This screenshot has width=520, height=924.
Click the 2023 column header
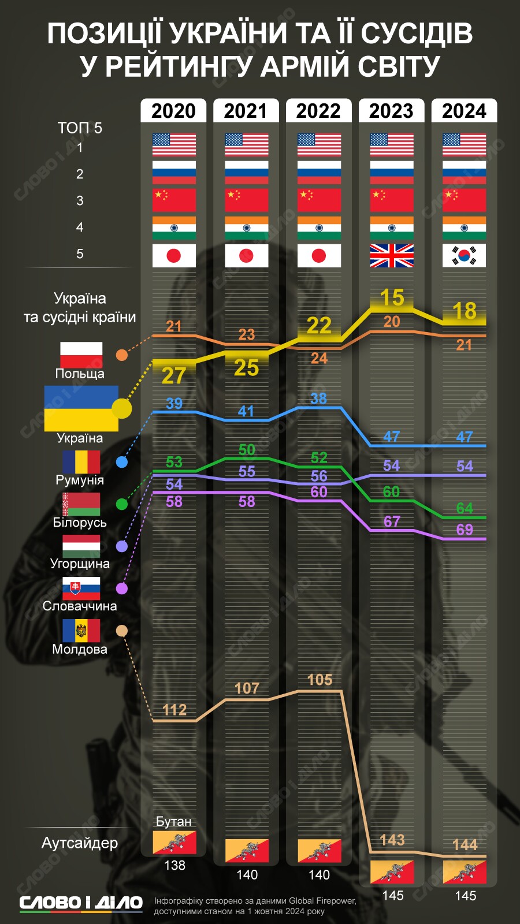[391, 110]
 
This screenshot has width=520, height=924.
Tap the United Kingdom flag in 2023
[392, 255]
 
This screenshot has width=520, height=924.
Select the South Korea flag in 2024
[464, 255]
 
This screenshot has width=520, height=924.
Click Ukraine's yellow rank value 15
[392, 298]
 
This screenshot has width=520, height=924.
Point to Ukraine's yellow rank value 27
[174, 376]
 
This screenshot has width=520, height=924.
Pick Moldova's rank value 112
[174, 710]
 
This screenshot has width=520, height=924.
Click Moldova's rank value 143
[392, 840]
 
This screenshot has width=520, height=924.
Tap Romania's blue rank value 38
[318, 398]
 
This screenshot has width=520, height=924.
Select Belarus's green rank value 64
[465, 508]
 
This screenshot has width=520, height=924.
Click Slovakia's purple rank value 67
[392, 521]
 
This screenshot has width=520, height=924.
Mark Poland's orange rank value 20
[392, 322]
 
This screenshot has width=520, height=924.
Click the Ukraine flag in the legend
[81, 408]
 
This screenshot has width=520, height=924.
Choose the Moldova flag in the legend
[81, 631]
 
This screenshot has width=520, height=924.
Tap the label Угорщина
[80, 564]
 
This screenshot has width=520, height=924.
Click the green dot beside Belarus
[122, 504]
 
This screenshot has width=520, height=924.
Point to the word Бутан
[173, 821]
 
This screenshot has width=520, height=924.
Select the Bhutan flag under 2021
[247, 850]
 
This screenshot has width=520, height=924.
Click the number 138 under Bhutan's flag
[174, 865]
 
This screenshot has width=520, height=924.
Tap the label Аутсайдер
[80, 843]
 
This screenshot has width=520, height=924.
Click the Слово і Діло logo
[81, 903]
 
